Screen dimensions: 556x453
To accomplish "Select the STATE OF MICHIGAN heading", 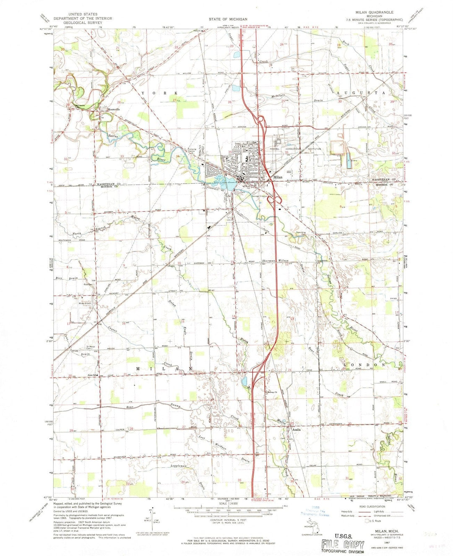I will [229, 19].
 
